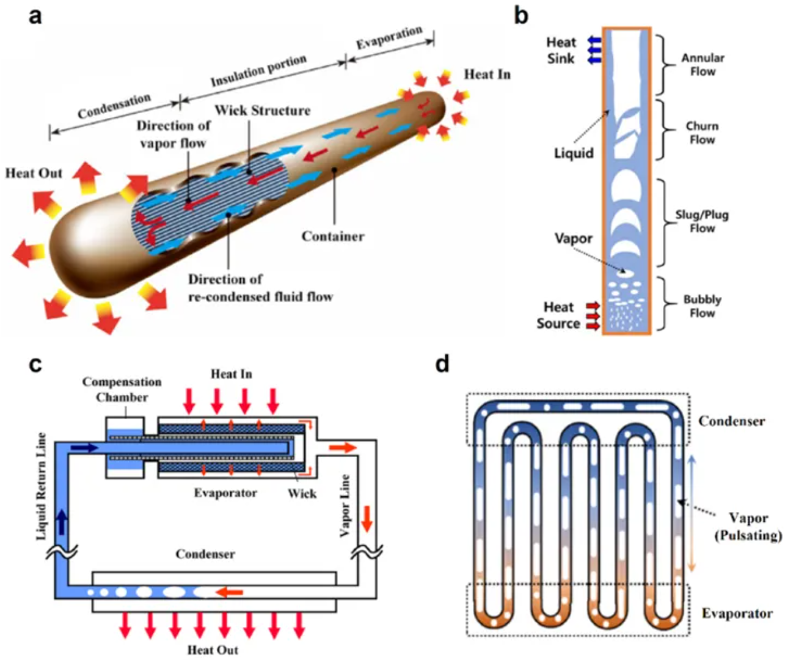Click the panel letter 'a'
pos(35,16)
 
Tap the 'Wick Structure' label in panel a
pos(262,111)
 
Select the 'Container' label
pos(332,237)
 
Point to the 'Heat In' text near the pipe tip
pos(487,75)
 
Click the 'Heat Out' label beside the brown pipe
pos(34,174)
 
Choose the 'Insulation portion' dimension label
pos(258,71)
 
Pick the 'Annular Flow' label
pos(702,64)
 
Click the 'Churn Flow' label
pos(702,133)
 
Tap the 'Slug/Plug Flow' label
pos(702,221)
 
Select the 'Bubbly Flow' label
pos(702,306)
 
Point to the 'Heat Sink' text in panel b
pos(561,50)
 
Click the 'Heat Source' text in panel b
pos(558,315)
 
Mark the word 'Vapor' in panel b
pos(573,238)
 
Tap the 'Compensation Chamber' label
pos(122,389)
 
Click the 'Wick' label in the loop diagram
pos(302,493)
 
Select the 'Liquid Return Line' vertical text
pos(42,486)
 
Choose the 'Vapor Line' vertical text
pos(345,505)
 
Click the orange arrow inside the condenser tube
pos(230,592)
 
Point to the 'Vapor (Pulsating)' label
pos(748,527)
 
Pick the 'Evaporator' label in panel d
pos(737,614)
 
